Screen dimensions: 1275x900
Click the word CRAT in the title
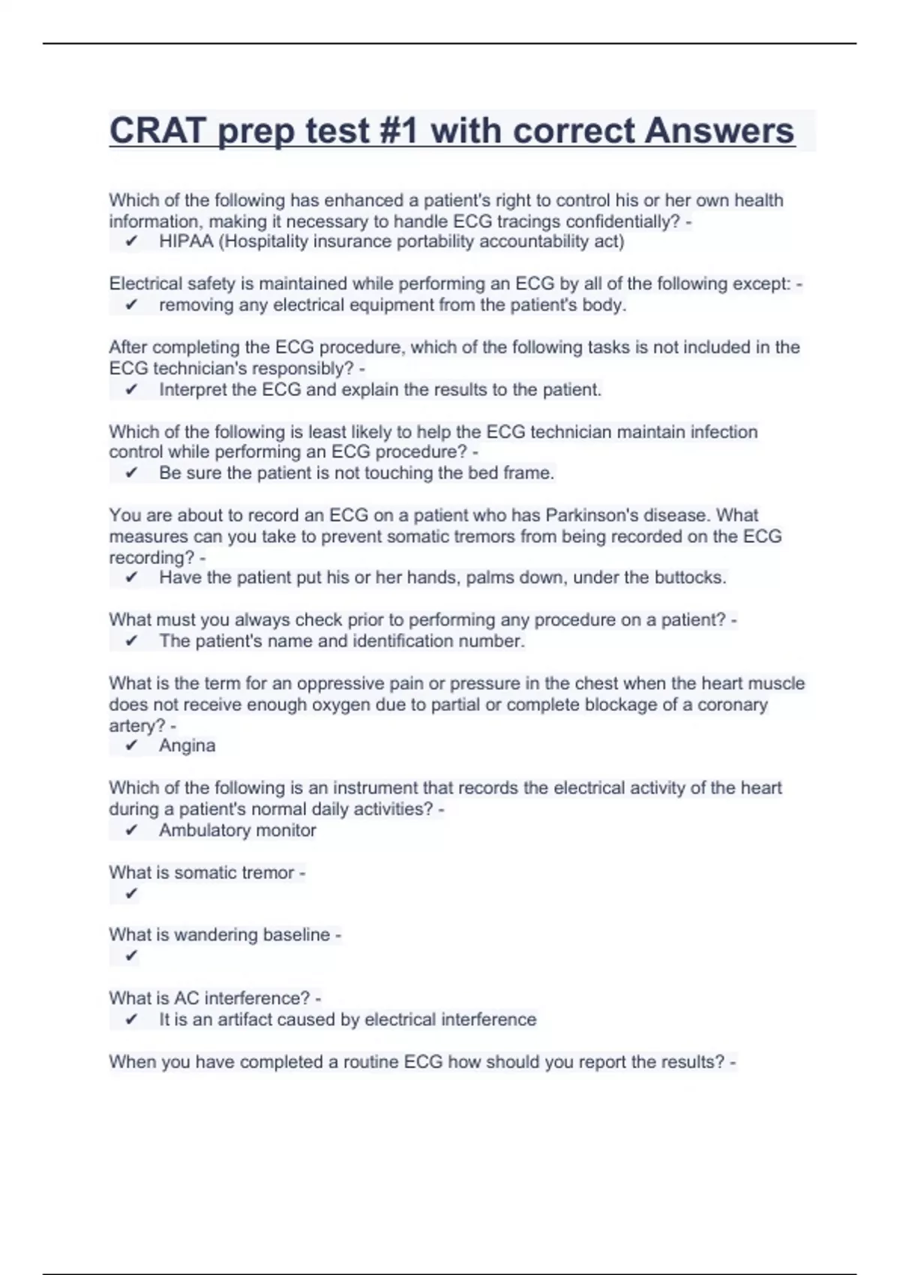[x=155, y=130]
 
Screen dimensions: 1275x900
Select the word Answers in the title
[x=719, y=130]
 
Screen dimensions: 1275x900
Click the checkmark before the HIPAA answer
[x=131, y=241]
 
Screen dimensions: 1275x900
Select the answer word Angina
[x=187, y=745]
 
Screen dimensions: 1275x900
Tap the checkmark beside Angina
[x=131, y=745]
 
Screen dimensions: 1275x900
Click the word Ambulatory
[x=193, y=830]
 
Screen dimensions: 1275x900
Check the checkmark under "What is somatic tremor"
[x=131, y=893]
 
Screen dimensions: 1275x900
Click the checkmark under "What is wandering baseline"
[x=131, y=955]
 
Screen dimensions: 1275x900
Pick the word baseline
[x=295, y=934]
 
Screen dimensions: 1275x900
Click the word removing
[x=196, y=305]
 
